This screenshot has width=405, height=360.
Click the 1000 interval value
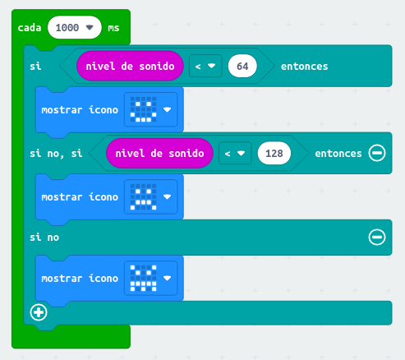click(67, 28)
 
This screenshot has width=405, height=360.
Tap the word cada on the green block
click(30, 28)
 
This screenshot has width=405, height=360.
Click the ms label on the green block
click(113, 28)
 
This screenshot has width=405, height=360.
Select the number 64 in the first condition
click(242, 66)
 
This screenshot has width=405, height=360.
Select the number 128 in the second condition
click(274, 154)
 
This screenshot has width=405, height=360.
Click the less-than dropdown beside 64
click(205, 66)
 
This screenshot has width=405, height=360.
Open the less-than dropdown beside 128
click(235, 153)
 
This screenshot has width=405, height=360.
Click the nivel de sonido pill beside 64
click(130, 66)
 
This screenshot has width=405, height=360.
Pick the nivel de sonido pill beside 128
click(159, 153)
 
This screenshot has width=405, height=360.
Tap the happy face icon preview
click(143, 109)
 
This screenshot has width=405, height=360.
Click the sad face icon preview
click(143, 196)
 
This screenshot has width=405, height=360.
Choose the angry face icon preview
click(143, 278)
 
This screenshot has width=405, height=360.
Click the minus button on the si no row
click(377, 238)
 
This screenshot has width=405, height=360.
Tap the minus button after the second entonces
click(377, 153)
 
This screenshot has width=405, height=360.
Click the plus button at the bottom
click(39, 312)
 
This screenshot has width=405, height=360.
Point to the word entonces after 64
click(304, 67)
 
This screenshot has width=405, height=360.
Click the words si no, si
click(56, 154)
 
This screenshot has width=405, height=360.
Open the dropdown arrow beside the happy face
click(167, 109)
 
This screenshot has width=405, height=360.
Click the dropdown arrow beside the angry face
click(167, 278)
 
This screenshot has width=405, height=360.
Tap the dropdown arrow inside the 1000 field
click(90, 27)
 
